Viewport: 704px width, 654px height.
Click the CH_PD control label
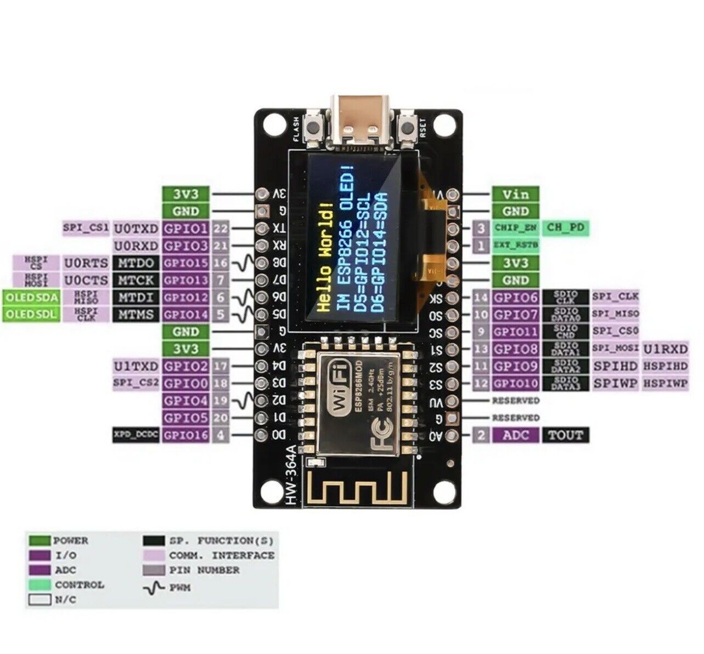pyautogui.click(x=566, y=228)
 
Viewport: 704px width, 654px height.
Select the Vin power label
pyautogui.click(x=515, y=194)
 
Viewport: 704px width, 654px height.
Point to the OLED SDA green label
pyautogui.click(x=31, y=297)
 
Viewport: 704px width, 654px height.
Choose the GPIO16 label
pyautogui.click(x=186, y=435)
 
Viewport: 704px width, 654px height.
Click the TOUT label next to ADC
pyautogui.click(x=565, y=435)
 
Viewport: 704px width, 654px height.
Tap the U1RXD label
pyautogui.click(x=665, y=349)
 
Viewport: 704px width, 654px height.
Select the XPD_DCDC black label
pyautogui.click(x=136, y=435)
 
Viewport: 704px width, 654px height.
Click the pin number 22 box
pyautogui.click(x=221, y=229)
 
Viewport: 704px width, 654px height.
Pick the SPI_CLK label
pyautogui.click(x=615, y=297)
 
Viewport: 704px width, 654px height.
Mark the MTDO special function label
pyautogui.click(x=137, y=263)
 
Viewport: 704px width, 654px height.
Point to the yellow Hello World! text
pyautogui.click(x=325, y=257)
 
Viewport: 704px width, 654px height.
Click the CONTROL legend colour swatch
pyautogui.click(x=40, y=585)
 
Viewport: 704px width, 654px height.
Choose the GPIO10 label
pyautogui.click(x=515, y=383)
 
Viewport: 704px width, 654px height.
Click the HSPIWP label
pyautogui.click(x=665, y=383)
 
